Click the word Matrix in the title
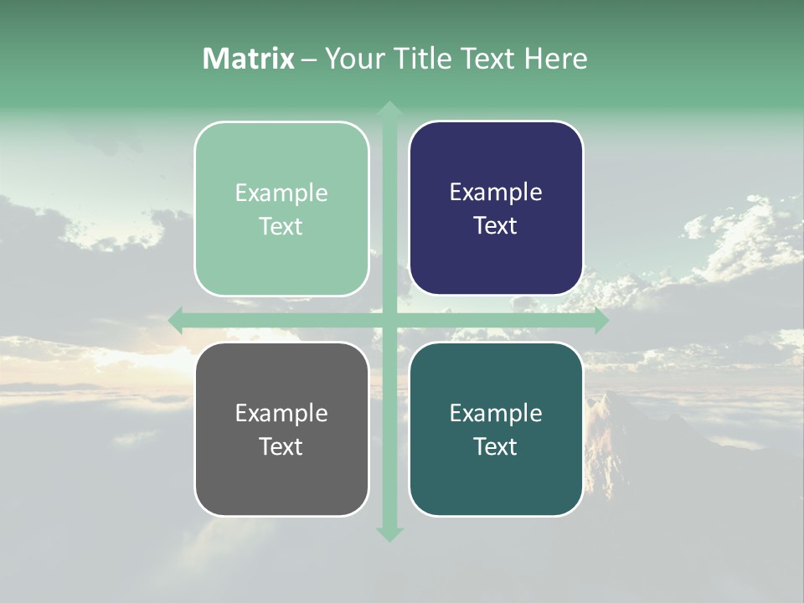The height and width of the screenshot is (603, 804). [x=248, y=59]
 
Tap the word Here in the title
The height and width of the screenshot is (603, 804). [x=555, y=59]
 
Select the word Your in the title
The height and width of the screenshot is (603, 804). [x=353, y=59]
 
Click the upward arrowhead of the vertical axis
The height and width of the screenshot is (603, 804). [x=389, y=109]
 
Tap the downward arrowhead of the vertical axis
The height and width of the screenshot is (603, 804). [x=389, y=533]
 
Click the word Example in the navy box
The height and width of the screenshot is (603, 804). [x=496, y=192]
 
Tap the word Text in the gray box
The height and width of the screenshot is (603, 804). [x=281, y=446]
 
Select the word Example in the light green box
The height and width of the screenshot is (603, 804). [x=281, y=193]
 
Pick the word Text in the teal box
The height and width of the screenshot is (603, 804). [x=496, y=446]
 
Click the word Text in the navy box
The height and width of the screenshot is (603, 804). [x=496, y=225]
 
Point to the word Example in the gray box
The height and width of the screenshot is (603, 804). [x=281, y=413]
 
